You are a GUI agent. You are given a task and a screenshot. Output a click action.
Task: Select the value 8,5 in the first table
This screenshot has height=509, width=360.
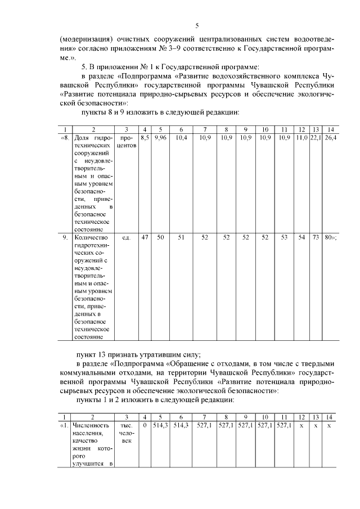pyautogui.click(x=145, y=137)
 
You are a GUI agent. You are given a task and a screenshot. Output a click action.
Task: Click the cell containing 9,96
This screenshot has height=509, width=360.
pyautogui.click(x=160, y=137)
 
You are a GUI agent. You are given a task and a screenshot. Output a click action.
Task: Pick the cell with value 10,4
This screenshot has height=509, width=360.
pyautogui.click(x=181, y=137)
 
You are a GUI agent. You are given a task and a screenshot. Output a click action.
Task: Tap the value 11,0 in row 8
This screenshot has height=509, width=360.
pyautogui.click(x=303, y=137)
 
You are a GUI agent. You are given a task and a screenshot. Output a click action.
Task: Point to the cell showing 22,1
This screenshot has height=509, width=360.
pyautogui.click(x=316, y=137)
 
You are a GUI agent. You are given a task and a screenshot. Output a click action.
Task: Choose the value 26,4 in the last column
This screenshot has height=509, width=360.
pyautogui.click(x=330, y=137)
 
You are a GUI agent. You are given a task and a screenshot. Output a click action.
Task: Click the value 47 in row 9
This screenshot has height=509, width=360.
pyautogui.click(x=145, y=237)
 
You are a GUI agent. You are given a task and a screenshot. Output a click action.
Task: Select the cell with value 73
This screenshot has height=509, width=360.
pyautogui.click(x=316, y=237)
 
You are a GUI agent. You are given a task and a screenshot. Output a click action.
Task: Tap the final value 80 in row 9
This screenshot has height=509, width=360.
pyautogui.click(x=328, y=237)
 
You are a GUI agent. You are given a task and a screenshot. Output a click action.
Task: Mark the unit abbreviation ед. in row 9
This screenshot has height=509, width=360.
pyautogui.click(x=127, y=237)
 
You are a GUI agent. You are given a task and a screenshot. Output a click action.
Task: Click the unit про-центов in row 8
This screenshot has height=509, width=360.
pyautogui.click(x=127, y=141)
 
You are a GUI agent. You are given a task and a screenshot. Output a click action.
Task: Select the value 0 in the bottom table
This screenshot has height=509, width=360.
pyautogui.click(x=145, y=425)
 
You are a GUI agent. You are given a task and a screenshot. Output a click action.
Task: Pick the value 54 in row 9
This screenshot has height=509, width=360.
pyautogui.click(x=303, y=237)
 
